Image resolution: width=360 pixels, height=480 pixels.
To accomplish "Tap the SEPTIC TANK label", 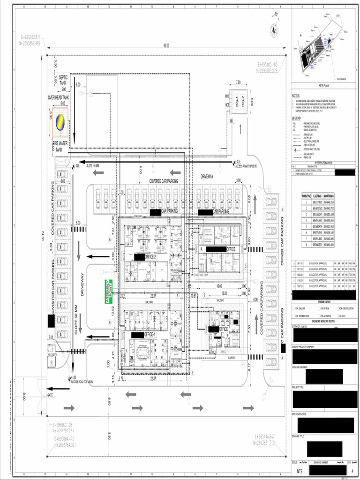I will (x=63, y=80).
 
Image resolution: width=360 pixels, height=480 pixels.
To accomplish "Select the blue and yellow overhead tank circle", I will (x=60, y=122).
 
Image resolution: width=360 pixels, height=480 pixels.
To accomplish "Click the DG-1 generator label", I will (x=238, y=101).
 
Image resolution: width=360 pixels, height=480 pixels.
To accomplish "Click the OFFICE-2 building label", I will (x=150, y=257).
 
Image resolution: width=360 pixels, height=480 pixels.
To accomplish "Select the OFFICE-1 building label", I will (x=149, y=335).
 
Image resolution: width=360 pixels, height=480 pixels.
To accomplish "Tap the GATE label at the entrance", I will (x=51, y=395).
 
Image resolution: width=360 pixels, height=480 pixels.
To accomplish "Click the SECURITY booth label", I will (x=52, y=355).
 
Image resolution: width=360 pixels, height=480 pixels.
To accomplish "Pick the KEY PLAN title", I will (x=324, y=86).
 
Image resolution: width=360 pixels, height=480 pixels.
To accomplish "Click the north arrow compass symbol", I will (x=274, y=28).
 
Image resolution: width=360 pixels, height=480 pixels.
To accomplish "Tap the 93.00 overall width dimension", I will (x=166, y=45).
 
